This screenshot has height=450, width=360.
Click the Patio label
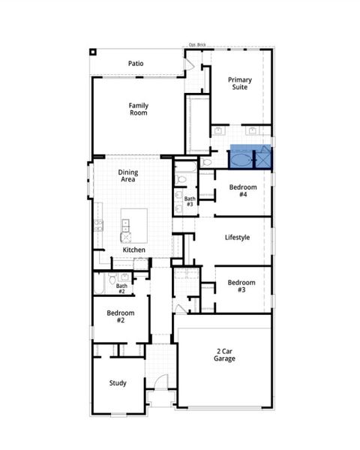[x=136, y=64]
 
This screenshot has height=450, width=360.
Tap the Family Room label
[x=138, y=109]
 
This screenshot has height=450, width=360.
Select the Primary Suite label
[x=240, y=83]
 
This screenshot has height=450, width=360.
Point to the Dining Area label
[x=127, y=176]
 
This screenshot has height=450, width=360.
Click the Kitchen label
[x=134, y=250]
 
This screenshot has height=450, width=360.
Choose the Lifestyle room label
[x=237, y=238]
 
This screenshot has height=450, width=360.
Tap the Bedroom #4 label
[x=243, y=190]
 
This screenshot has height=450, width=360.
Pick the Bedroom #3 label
[x=241, y=286]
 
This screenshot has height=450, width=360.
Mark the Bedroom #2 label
[x=120, y=316]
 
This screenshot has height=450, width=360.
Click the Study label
[x=118, y=383]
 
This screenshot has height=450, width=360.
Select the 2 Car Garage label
[x=224, y=355]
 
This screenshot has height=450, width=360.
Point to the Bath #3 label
[x=190, y=201]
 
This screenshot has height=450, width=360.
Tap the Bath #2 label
[x=121, y=288]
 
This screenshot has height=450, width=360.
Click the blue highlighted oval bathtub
[x=241, y=159]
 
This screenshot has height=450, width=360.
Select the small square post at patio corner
[x=92, y=52]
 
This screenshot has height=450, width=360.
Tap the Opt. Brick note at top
[x=197, y=45]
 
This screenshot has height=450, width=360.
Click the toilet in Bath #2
[x=112, y=280]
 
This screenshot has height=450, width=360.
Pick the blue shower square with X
[x=264, y=159]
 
